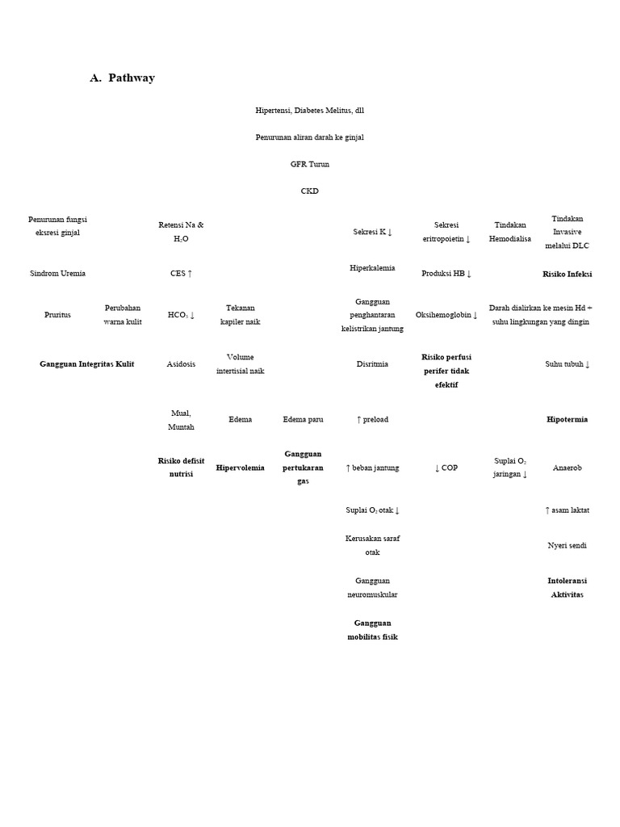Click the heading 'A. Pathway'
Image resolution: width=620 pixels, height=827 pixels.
pyautogui.click(x=122, y=78)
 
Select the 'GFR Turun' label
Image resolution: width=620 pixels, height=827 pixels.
pyautogui.click(x=310, y=164)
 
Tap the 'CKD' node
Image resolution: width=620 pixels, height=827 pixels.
pyautogui.click(x=310, y=191)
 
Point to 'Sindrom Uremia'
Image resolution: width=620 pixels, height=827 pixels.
pyautogui.click(x=57, y=273)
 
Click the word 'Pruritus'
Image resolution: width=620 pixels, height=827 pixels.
pyautogui.click(x=57, y=315)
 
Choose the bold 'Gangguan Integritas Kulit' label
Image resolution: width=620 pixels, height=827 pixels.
pyautogui.click(x=87, y=364)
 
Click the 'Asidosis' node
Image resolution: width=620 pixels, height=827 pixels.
pyautogui.click(x=181, y=364)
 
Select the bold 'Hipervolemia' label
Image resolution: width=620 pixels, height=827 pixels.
pyautogui.click(x=240, y=468)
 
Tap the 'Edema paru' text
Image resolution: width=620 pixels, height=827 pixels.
pyautogui.click(x=303, y=419)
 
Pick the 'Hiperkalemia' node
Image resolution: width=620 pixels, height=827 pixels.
pyautogui.click(x=372, y=267)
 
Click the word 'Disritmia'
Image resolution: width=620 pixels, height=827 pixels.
pyautogui.click(x=372, y=364)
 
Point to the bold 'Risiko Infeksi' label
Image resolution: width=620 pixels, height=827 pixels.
pyautogui.click(x=567, y=274)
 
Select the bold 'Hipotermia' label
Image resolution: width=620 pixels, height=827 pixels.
pyautogui.click(x=567, y=420)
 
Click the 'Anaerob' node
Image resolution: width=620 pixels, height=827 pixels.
pyautogui.click(x=567, y=468)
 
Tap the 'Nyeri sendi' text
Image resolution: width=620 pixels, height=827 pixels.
pyautogui.click(x=567, y=545)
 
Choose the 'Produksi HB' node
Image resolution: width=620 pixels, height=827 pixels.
pyautogui.click(x=446, y=273)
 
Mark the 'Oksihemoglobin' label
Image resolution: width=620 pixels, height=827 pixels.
pyautogui.click(x=446, y=315)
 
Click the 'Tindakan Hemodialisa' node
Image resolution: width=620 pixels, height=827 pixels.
pyautogui.click(x=510, y=232)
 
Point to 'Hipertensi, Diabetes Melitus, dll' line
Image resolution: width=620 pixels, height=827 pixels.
pyautogui.click(x=310, y=110)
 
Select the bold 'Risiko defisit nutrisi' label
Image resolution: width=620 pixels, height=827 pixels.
pyautogui.click(x=181, y=468)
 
